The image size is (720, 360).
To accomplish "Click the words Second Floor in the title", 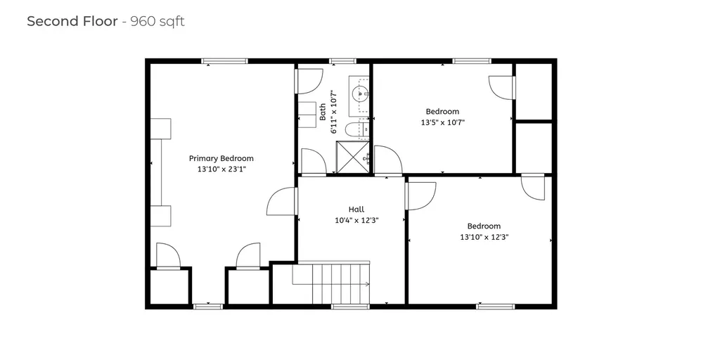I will [72, 21].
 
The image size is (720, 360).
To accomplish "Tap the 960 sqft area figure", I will [157, 21].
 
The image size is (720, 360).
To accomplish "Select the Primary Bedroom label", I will [221, 158].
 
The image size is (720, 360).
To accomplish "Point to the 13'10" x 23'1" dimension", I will [221, 169].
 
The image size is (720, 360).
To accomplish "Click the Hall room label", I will [356, 209].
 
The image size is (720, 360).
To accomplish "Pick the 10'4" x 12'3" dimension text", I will [356, 220].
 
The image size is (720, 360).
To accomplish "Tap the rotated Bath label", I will [323, 112].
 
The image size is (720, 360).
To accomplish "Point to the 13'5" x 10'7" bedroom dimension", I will [442, 122].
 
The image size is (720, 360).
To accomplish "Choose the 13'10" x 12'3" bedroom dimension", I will [484, 237].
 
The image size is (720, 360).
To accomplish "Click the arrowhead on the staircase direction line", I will [368, 284].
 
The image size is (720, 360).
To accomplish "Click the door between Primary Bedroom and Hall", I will [282, 202].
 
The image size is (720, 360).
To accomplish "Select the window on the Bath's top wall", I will [342, 61].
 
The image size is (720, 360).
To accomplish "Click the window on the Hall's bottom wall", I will [350, 306].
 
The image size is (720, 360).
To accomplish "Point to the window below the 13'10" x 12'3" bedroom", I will [495, 306].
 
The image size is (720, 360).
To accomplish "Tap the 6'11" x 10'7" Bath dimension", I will [335, 112].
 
